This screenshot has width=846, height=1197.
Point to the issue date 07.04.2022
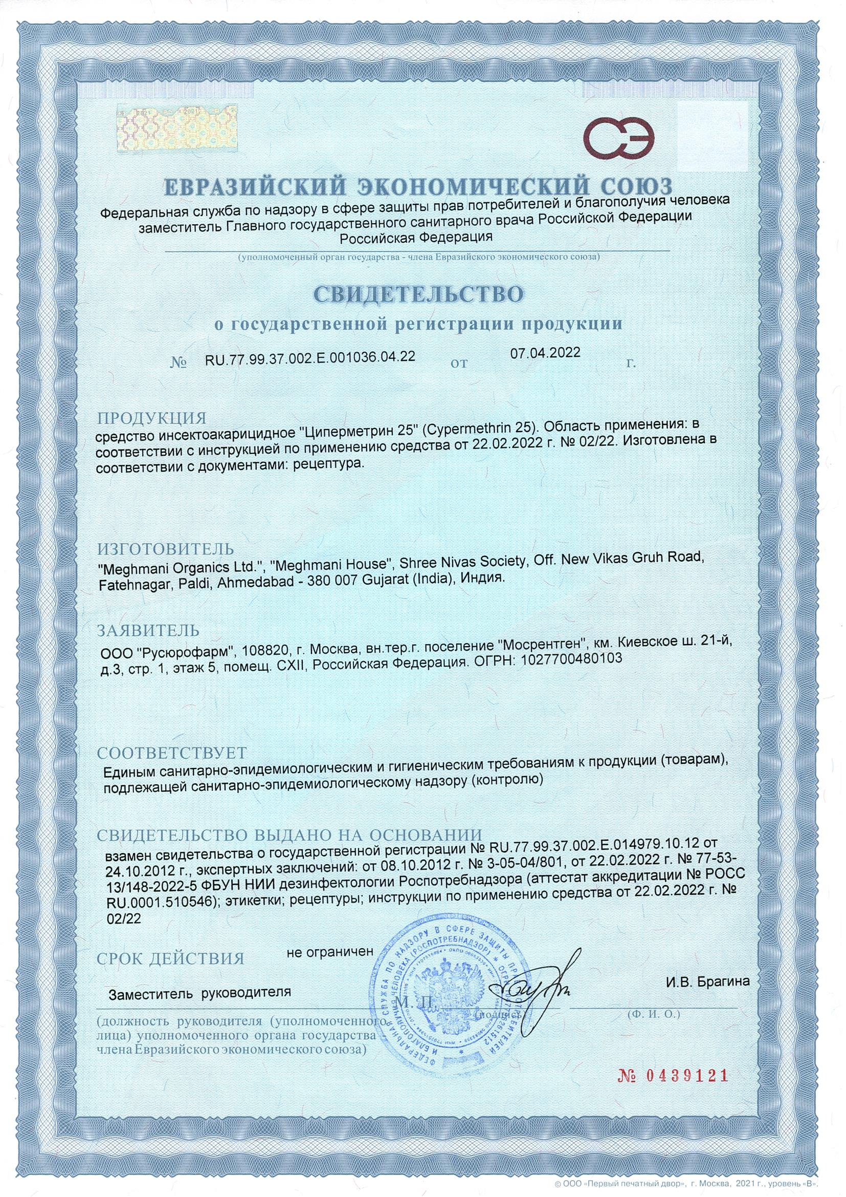(x=545, y=352)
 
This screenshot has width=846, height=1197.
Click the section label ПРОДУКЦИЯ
(x=151, y=418)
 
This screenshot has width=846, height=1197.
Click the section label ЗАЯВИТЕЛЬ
(x=149, y=631)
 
